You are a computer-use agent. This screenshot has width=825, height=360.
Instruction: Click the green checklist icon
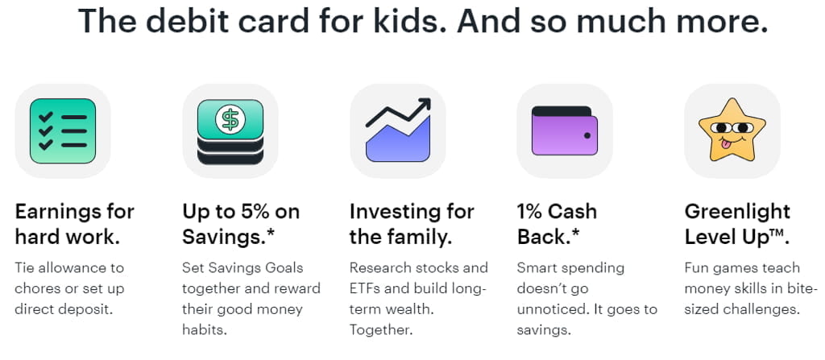tap(63, 131)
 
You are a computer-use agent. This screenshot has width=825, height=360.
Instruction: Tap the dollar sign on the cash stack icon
tap(230, 120)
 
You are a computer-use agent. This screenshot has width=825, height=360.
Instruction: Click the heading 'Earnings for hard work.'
tap(74, 225)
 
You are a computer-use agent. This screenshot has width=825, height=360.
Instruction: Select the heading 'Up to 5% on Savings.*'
tap(241, 225)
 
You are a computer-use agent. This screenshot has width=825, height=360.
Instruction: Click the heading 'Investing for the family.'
tap(411, 225)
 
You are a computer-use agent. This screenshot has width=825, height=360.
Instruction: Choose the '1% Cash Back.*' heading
tap(557, 225)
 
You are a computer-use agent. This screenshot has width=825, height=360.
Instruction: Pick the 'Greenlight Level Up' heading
tap(737, 225)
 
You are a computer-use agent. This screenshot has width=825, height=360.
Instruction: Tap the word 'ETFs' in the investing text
tap(368, 288)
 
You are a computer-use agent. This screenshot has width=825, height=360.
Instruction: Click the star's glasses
tap(731, 128)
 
